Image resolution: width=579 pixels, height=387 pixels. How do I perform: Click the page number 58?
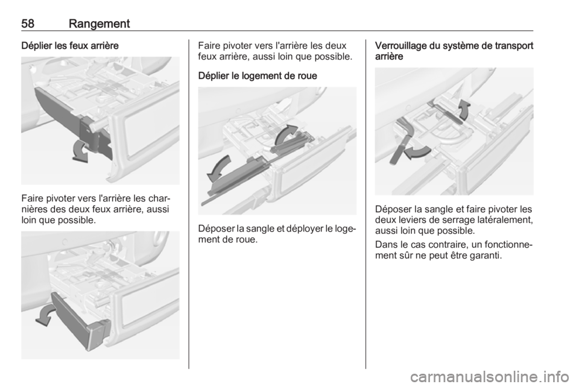(x=28, y=24)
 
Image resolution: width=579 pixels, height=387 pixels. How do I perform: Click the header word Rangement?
(x=100, y=24)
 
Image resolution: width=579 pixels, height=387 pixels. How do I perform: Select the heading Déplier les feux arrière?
(x=70, y=46)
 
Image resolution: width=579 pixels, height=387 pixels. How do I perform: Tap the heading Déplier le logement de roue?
(x=258, y=76)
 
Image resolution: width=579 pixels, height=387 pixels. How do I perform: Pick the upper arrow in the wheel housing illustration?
(x=285, y=134)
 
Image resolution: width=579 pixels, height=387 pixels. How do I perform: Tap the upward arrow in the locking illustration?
(x=464, y=109)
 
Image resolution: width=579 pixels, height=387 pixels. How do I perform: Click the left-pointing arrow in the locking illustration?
(x=417, y=152)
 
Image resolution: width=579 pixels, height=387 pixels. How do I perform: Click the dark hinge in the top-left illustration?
(x=94, y=136)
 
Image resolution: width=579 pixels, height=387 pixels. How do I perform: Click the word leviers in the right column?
(x=411, y=220)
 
